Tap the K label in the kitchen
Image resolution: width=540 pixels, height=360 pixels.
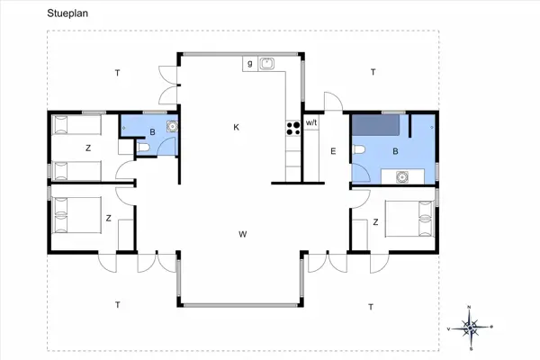tap(237, 128)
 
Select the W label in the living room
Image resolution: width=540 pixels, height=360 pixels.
tap(242, 235)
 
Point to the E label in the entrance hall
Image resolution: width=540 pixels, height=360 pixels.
tap(332, 150)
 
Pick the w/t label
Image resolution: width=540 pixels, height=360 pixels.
tap(311, 121)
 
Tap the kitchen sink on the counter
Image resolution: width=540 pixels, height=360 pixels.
tap(266, 64)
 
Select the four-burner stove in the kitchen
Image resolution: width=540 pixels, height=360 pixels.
tap(292, 128)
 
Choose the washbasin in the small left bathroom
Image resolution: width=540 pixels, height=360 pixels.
tap(171, 128)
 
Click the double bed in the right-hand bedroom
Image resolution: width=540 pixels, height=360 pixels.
tap(409, 217)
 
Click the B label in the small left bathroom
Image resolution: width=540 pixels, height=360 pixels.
tap(152, 133)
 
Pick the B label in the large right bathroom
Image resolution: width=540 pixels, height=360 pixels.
tap(396, 151)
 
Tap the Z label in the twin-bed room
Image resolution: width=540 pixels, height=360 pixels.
tap(87, 147)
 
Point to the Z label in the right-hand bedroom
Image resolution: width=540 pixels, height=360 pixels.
tap(374, 221)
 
